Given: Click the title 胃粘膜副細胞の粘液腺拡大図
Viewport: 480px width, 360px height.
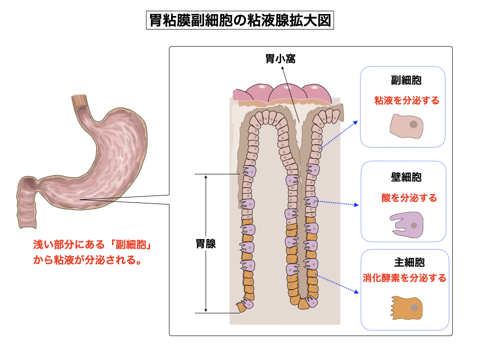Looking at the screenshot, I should click(x=240, y=21).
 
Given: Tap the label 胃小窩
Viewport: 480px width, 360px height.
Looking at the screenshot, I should click(x=280, y=59).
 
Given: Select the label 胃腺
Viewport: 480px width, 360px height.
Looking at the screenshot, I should click(x=206, y=244).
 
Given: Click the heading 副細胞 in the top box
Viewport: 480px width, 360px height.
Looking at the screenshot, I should click(x=406, y=80).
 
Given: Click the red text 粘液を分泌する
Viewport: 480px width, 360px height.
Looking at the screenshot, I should click(x=406, y=100).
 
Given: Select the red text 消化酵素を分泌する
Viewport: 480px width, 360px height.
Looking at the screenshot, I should click(x=405, y=278).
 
